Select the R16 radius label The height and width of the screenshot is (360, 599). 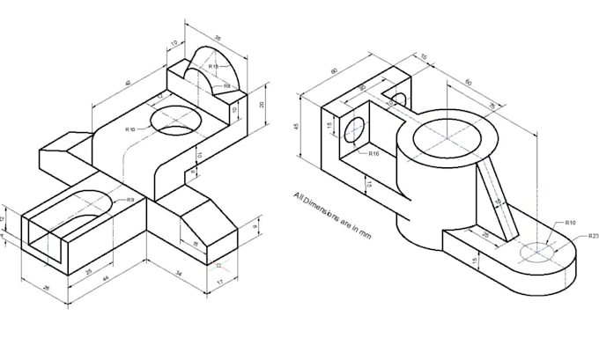coord(374,154)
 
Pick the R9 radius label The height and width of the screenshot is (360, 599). coord(130,200)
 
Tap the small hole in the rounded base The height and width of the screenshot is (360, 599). coord(537,253)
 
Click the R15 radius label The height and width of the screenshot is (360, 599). coord(213,67)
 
